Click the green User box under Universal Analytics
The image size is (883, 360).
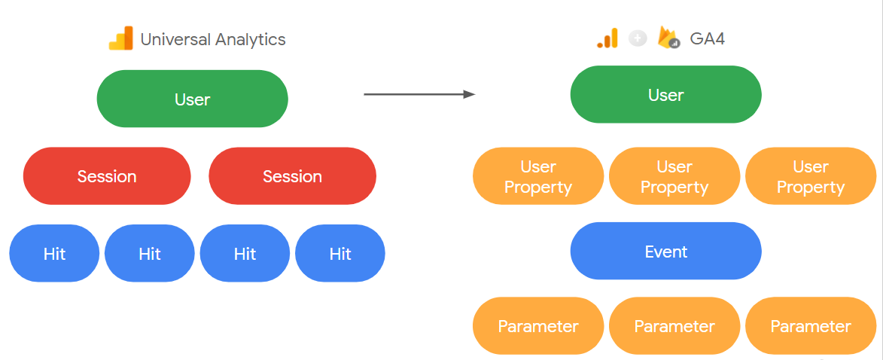[x=192, y=99]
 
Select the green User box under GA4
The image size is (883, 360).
[x=665, y=95]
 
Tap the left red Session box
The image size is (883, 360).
[x=107, y=176]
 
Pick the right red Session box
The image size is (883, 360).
[x=292, y=176]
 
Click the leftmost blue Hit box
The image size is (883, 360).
[x=54, y=254]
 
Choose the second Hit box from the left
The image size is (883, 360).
[x=150, y=254]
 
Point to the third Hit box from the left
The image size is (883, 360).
[x=245, y=254]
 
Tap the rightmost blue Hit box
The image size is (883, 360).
[x=340, y=254]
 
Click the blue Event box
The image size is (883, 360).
[x=665, y=252]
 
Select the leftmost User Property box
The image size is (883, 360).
[x=538, y=177]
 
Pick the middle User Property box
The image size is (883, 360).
[x=674, y=177]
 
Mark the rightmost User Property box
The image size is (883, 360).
[x=811, y=177]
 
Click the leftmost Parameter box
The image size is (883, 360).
[x=538, y=326]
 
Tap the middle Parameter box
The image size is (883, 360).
[x=674, y=326]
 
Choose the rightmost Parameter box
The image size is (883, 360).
[x=811, y=326]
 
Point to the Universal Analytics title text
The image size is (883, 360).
[x=213, y=40]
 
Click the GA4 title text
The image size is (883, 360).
[x=707, y=39]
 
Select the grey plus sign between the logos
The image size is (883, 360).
[x=638, y=38]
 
